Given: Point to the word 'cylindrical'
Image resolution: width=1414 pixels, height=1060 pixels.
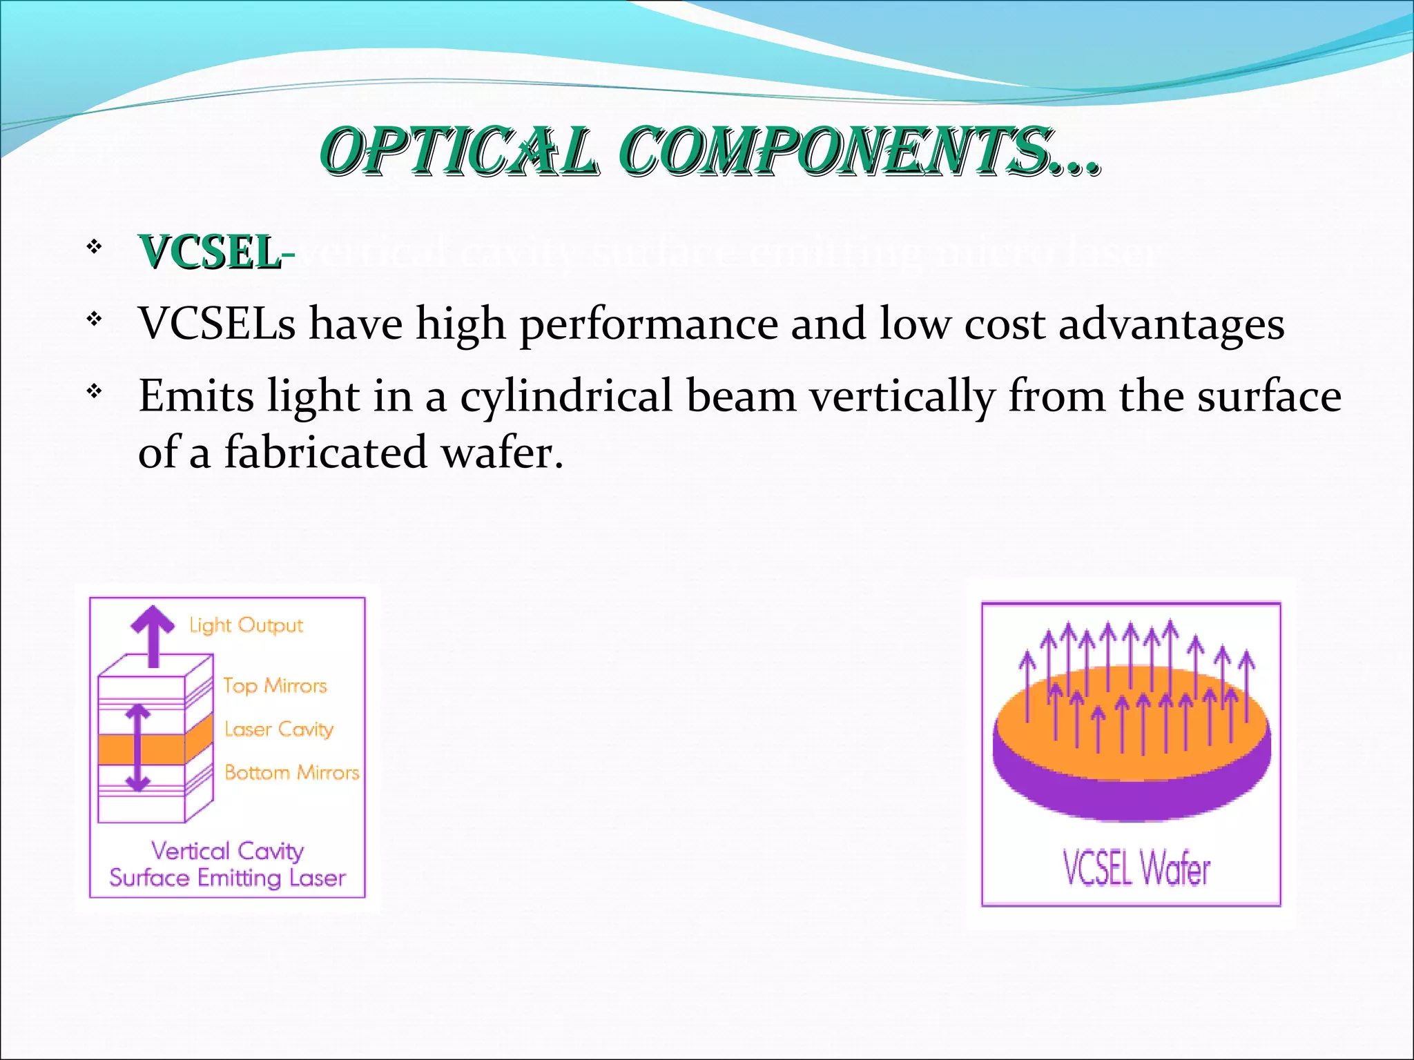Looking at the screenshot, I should pos(566,397).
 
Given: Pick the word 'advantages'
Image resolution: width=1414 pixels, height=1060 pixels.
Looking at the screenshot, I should pos(1171,324).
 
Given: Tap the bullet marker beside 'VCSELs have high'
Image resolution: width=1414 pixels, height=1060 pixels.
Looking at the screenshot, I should pos(95,320).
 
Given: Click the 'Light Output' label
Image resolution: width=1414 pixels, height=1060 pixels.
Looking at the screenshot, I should pos(246,625).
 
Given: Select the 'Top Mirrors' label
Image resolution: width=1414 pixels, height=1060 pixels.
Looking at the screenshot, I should pos(274,686).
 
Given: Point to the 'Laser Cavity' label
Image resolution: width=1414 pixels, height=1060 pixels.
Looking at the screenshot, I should pos(278,729).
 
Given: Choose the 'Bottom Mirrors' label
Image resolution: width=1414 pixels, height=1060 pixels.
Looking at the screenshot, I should pos(291,772).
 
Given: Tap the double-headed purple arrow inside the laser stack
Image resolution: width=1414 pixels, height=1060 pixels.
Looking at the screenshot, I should pos(138,747).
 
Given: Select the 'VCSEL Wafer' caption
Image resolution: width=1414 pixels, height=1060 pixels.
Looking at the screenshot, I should pos(1136,867).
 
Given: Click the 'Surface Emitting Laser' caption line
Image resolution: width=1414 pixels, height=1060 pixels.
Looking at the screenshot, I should pos(227,879).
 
